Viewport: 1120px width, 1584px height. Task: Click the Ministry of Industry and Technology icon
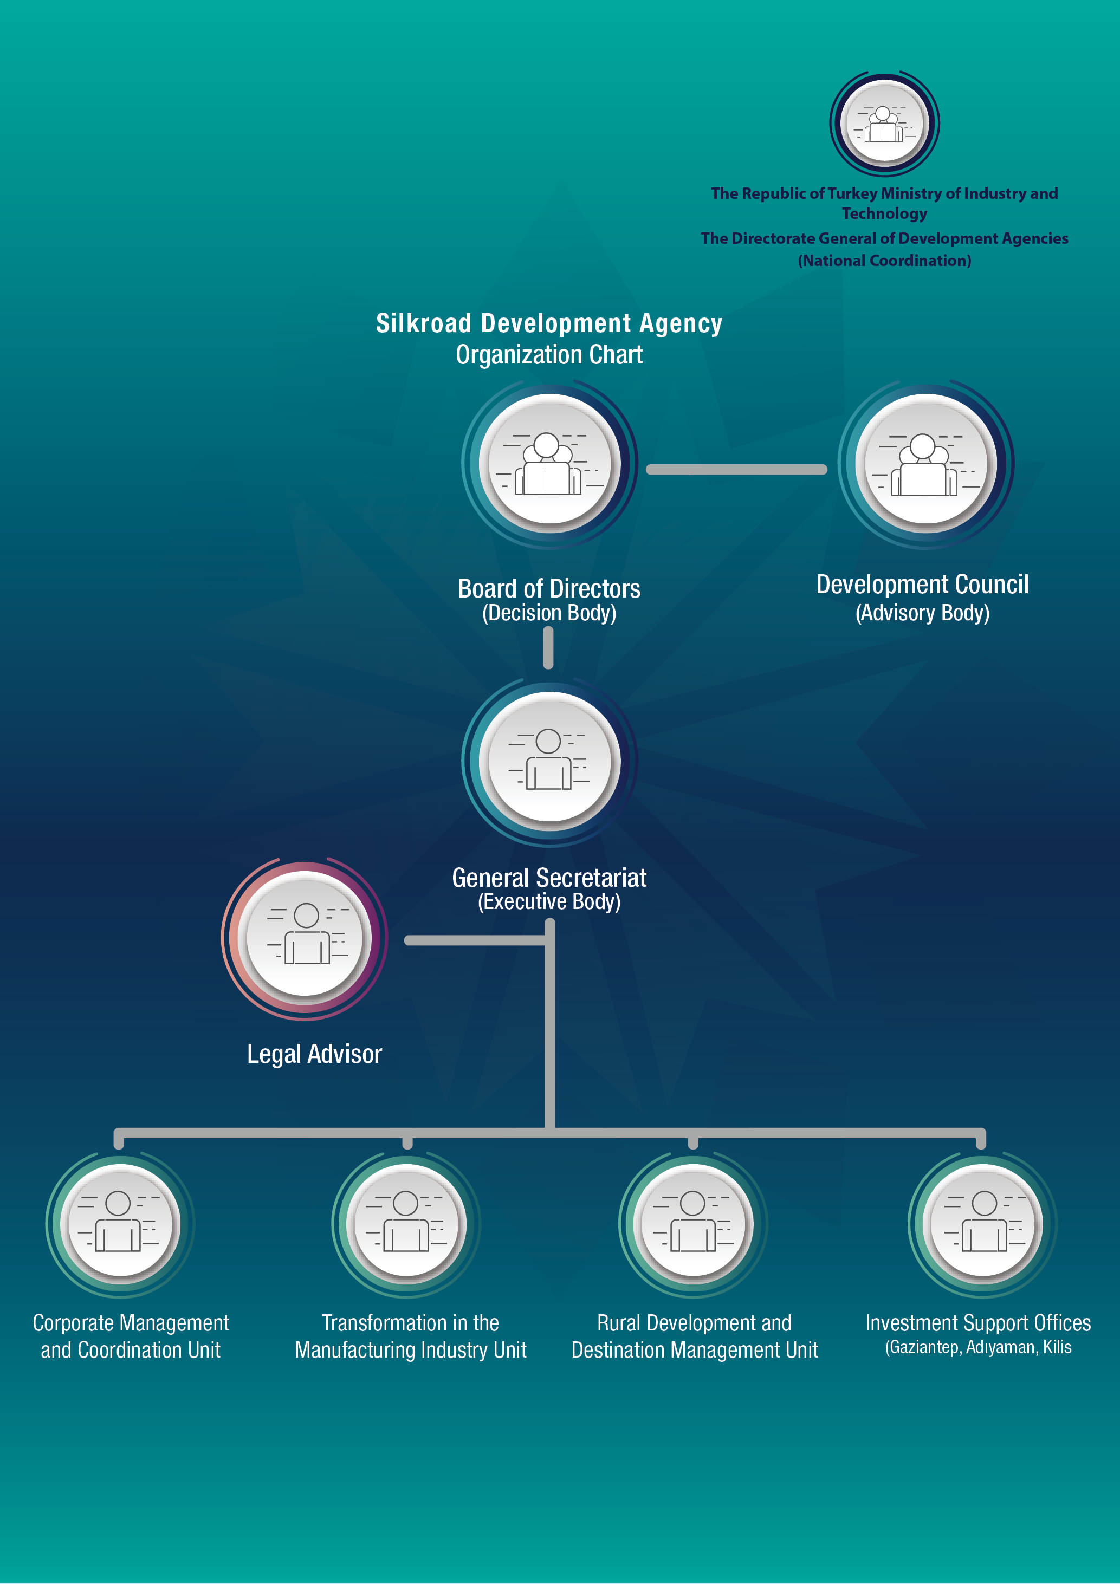pos(884,123)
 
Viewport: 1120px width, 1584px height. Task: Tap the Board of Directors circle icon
pos(549,464)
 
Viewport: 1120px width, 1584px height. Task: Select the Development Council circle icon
pos(925,464)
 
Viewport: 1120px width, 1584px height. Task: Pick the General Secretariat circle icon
pos(549,761)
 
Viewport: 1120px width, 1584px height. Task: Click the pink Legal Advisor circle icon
pos(305,938)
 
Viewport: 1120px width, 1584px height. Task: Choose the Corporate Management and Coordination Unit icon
pos(120,1223)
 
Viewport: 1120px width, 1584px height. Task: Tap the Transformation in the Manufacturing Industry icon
pos(406,1223)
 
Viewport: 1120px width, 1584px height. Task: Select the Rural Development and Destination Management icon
pos(694,1223)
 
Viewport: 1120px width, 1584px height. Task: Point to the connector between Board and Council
pos(736,470)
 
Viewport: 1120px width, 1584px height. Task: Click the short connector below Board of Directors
pos(548,648)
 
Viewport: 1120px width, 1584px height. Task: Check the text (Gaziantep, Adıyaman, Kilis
pos(978,1347)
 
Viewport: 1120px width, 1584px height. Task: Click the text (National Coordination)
pos(884,261)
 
